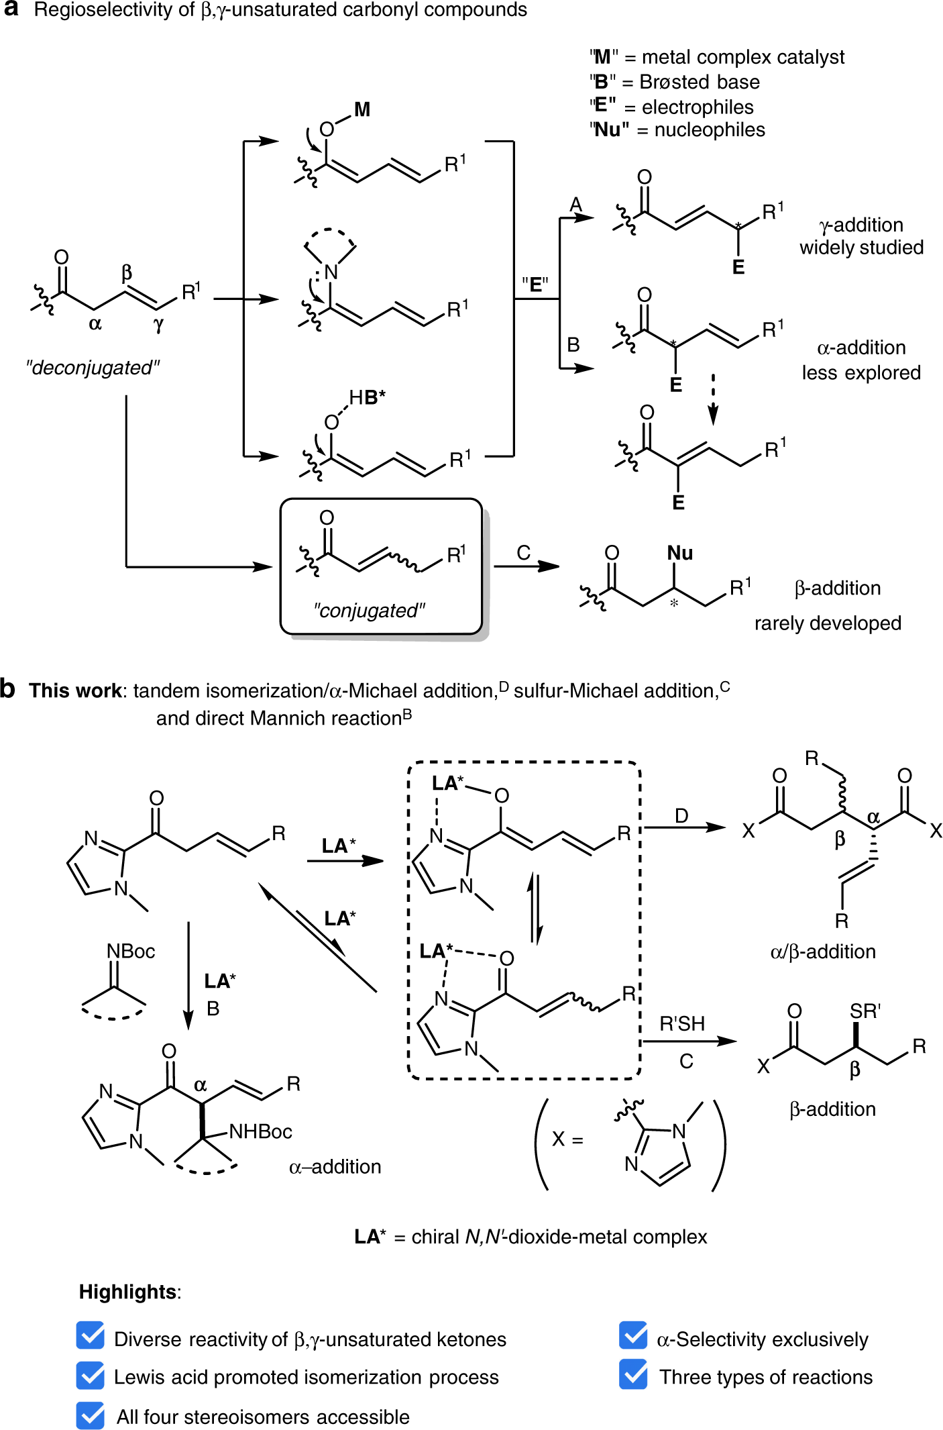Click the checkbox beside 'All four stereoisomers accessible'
click(x=91, y=1415)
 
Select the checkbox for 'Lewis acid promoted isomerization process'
click(x=91, y=1375)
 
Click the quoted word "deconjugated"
click(x=93, y=368)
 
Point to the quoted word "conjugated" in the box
click(x=369, y=611)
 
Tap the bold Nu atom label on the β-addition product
click(x=679, y=553)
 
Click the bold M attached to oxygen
click(x=362, y=109)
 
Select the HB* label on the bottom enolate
click(x=367, y=397)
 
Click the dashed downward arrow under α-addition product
click(x=713, y=399)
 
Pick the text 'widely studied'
click(x=861, y=248)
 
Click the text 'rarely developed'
click(x=828, y=623)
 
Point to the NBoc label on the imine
click(x=131, y=952)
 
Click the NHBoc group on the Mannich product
click(x=260, y=1132)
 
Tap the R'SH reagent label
click(x=682, y=1024)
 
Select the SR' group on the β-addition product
click(x=865, y=1011)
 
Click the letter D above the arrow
click(x=681, y=816)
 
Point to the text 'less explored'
click(x=861, y=372)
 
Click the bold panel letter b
click(x=8, y=689)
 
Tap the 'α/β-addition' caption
click(x=823, y=952)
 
